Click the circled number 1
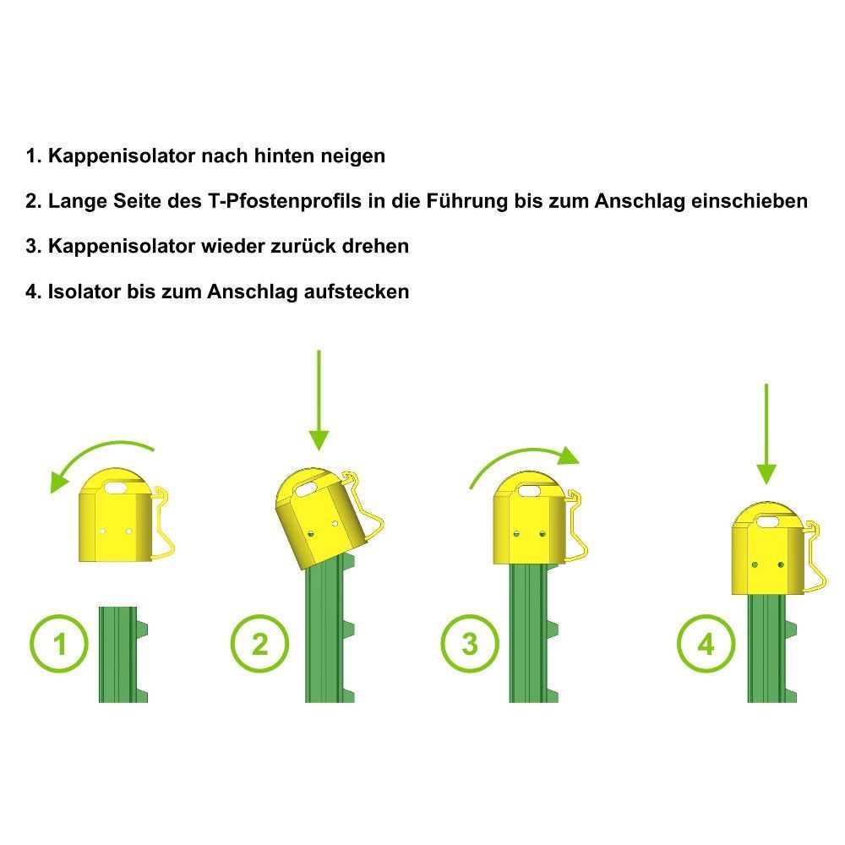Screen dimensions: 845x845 point(59,643)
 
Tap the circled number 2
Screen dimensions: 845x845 point(259,643)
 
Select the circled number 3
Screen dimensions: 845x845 point(470,643)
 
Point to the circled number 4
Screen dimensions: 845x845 point(706,643)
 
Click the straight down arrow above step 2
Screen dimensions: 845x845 point(319,400)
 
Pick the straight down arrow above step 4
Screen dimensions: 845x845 point(766,433)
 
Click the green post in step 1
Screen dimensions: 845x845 point(123,654)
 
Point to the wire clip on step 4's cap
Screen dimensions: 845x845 point(815,558)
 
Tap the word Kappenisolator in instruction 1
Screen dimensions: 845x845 point(122,155)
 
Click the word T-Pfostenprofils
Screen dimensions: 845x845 point(285,201)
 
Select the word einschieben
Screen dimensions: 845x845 point(750,201)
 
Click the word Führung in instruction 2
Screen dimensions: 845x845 point(467,201)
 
